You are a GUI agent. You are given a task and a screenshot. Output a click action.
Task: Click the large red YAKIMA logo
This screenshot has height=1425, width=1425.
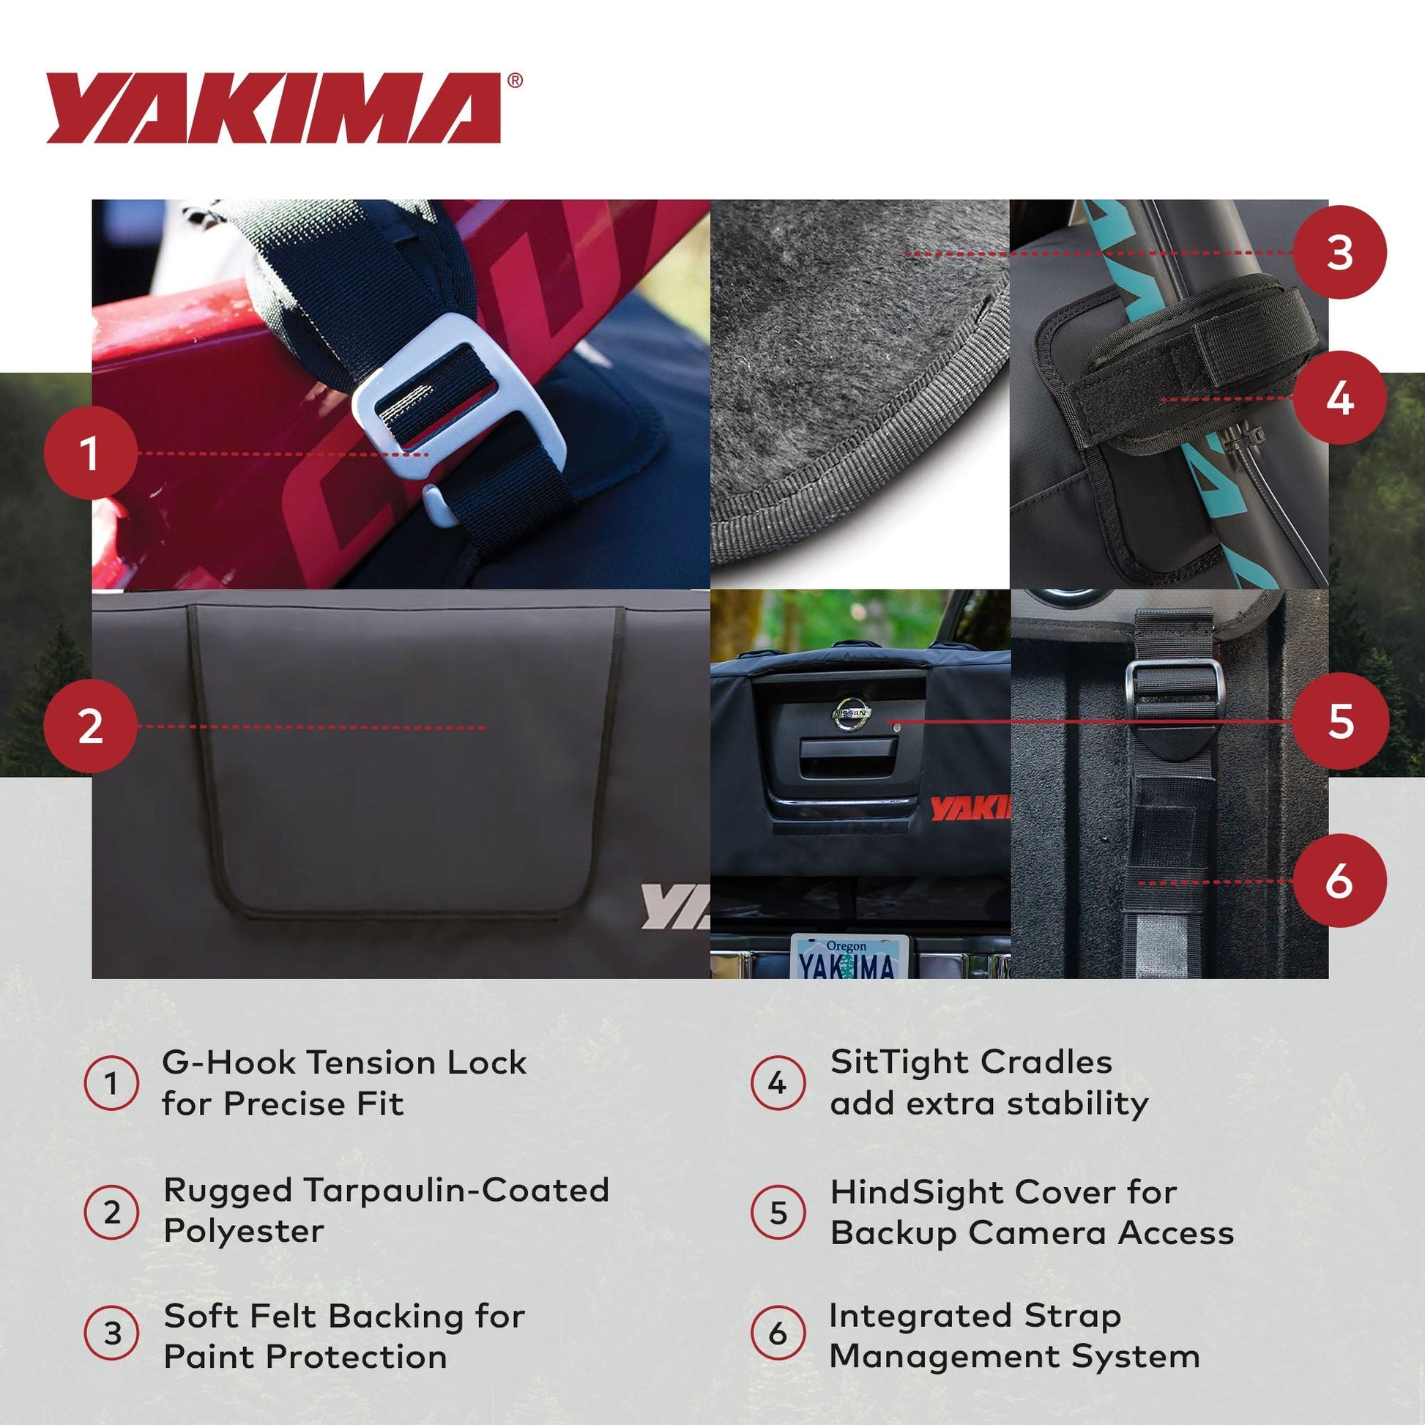[273, 108]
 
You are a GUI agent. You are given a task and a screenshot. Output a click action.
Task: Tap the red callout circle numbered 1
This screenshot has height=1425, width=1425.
[90, 452]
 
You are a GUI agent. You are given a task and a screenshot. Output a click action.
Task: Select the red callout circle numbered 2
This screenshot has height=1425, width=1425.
[90, 726]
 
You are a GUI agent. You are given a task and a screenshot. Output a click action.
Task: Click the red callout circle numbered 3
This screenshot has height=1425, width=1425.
[1339, 252]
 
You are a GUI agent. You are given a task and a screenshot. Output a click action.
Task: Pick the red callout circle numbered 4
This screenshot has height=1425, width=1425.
[1339, 398]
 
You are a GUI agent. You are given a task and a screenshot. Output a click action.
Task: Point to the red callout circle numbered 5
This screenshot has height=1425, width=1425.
[1339, 720]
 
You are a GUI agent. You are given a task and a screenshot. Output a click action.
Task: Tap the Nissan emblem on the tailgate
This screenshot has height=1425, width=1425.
[852, 713]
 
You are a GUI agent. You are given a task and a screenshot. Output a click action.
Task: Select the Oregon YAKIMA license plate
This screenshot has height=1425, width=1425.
[849, 957]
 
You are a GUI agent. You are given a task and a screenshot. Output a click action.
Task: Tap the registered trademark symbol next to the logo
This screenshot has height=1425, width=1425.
[515, 81]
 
